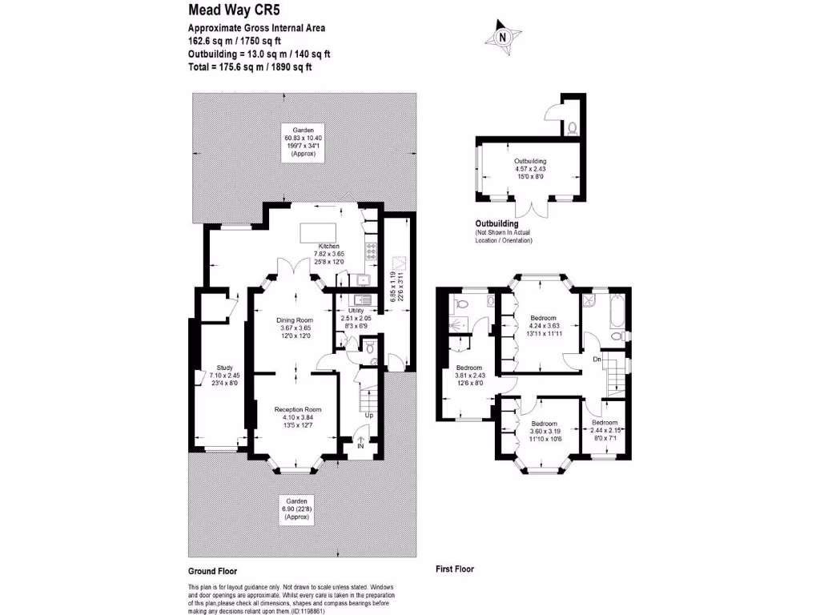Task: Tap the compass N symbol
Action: click(502, 37)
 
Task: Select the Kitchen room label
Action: click(329, 246)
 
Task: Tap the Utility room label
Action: click(356, 310)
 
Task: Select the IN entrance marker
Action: click(360, 445)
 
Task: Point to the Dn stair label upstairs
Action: click(597, 360)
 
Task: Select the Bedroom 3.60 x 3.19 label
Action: click(545, 423)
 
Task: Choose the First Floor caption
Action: click(455, 569)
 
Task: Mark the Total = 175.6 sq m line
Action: click(250, 67)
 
